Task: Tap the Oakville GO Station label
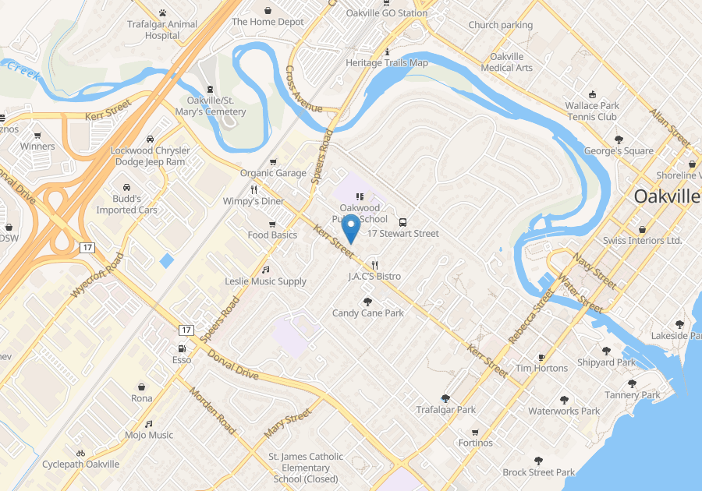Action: pyautogui.click(x=388, y=13)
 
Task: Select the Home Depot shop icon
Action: pyautogui.click(x=268, y=11)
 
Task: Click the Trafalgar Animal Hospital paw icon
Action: pyautogui.click(x=163, y=13)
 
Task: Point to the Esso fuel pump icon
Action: pyautogui.click(x=182, y=348)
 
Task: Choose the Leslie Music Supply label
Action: pyautogui.click(x=265, y=281)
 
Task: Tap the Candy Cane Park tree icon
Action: pyautogui.click(x=368, y=302)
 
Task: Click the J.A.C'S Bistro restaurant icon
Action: pyautogui.click(x=375, y=265)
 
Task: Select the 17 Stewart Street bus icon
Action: pyautogui.click(x=403, y=221)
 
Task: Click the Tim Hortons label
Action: pyautogui.click(x=541, y=368)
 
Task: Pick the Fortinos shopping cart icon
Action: pyautogui.click(x=475, y=432)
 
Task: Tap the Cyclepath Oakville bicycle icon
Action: pyautogui.click(x=80, y=453)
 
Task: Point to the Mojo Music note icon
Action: pyautogui.click(x=149, y=424)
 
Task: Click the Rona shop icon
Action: pyautogui.click(x=142, y=387)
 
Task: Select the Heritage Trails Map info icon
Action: pyautogui.click(x=388, y=51)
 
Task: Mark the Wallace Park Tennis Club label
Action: pyautogui.click(x=592, y=111)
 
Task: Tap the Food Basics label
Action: pyautogui.click(x=272, y=235)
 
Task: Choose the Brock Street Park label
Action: pyautogui.click(x=539, y=472)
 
